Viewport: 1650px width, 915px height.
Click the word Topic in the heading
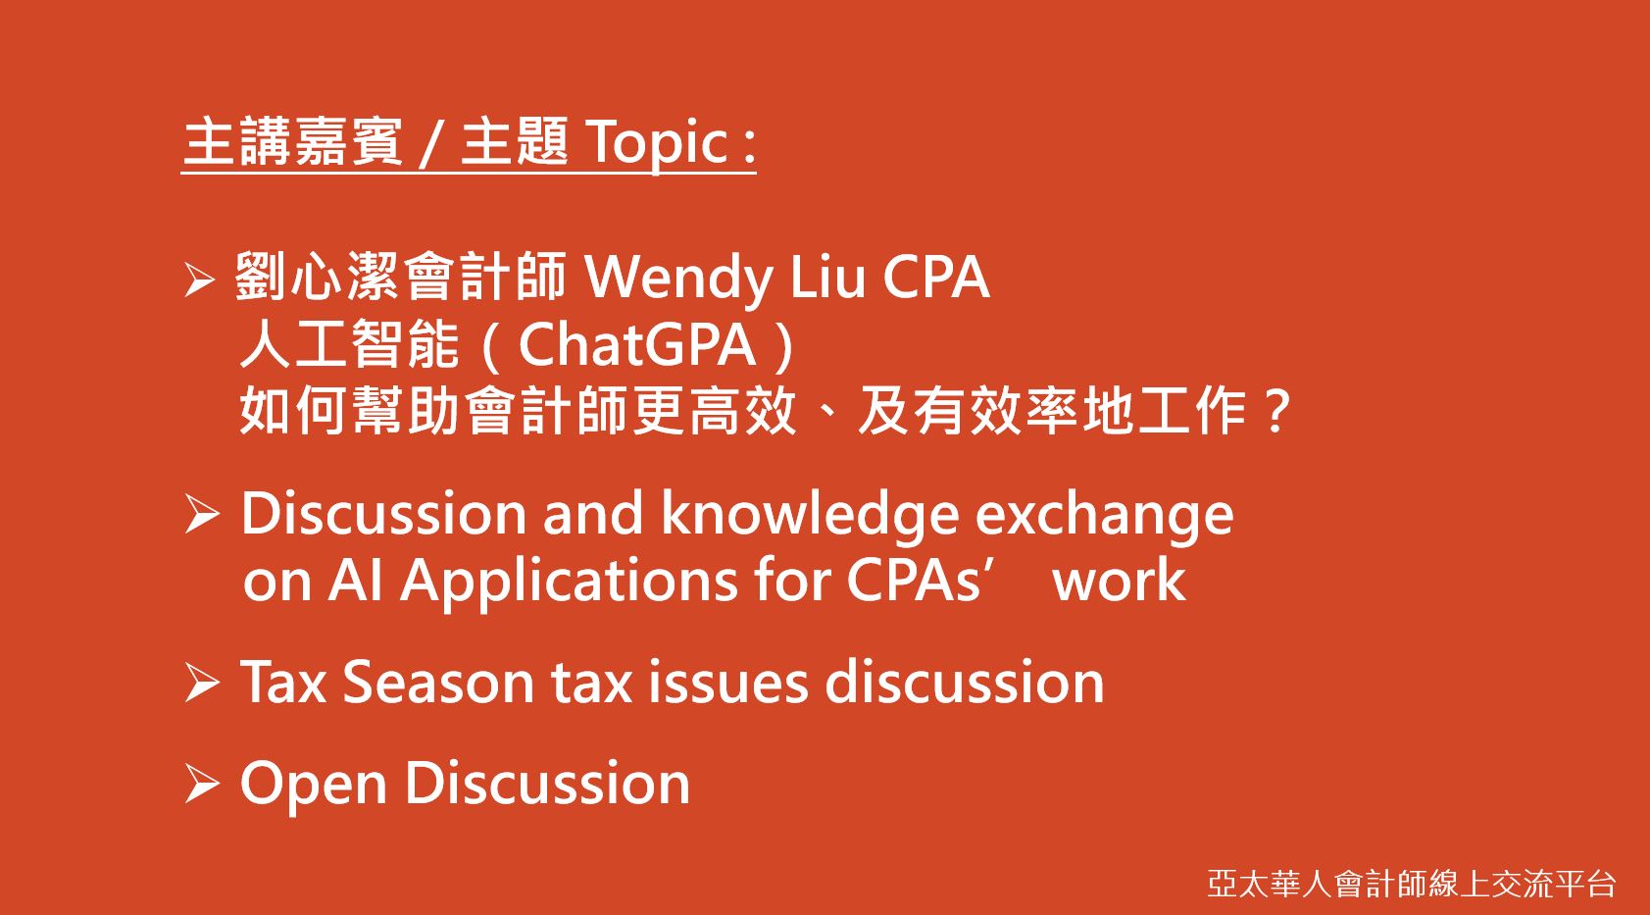[x=659, y=143]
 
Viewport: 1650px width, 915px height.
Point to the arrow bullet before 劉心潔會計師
[x=199, y=280]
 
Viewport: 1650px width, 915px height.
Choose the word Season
[x=438, y=683]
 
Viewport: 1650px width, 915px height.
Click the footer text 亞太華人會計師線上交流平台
[x=1412, y=884]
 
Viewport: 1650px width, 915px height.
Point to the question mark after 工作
[x=1275, y=411]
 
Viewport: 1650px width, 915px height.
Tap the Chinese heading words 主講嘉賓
[x=292, y=141]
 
